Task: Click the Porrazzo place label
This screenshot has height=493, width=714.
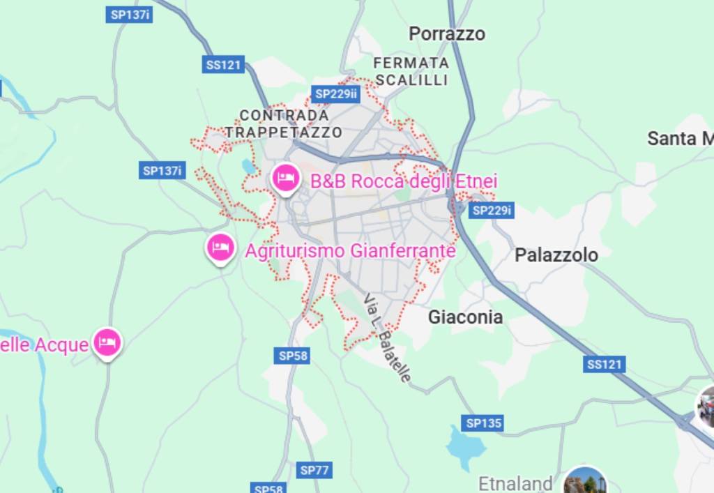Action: tap(446, 33)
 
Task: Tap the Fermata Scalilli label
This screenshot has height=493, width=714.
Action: tap(411, 71)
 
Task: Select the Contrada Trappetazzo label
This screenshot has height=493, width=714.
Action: tap(284, 123)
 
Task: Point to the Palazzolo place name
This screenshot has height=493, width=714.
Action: tap(556, 255)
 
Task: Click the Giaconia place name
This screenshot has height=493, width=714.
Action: tap(465, 317)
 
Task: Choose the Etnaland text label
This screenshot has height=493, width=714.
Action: tap(515, 483)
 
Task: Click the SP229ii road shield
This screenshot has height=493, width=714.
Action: tap(335, 93)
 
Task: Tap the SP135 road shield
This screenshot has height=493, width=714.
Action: tap(483, 423)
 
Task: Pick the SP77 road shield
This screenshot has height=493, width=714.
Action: tap(314, 470)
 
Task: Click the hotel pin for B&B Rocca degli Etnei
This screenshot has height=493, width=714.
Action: tap(286, 178)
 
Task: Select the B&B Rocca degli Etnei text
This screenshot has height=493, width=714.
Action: tap(404, 181)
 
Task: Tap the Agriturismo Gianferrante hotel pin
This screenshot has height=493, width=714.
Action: tap(220, 247)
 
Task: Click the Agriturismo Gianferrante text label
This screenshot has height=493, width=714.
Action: tap(350, 250)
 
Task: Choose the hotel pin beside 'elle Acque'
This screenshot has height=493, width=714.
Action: tap(107, 342)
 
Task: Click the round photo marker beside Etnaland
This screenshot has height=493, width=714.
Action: tap(584, 483)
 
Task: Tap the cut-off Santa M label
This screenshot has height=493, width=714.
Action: tap(680, 138)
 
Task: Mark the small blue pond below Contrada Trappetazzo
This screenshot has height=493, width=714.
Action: tap(248, 167)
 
